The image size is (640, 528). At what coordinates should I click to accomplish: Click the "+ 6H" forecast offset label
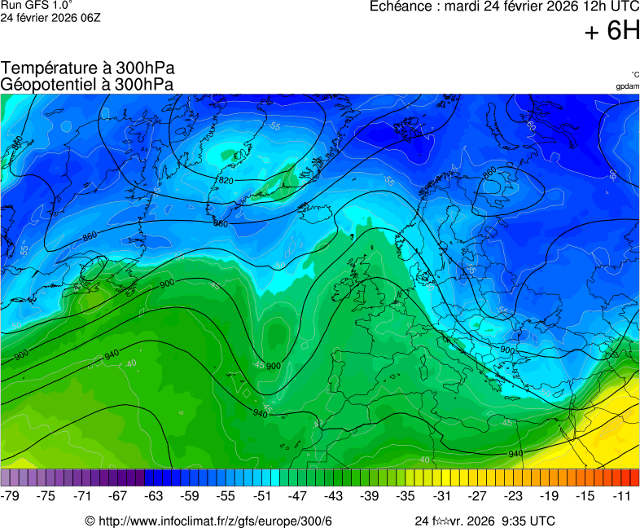612,31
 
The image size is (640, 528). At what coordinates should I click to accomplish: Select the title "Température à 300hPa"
88,68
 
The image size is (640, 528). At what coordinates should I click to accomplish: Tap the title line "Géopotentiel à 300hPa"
86,84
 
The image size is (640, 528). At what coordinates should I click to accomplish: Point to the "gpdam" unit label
627,86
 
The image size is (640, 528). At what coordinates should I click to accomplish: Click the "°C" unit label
634,74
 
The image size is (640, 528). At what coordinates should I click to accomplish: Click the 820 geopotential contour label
226,180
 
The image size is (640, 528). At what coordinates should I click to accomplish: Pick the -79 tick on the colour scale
11,495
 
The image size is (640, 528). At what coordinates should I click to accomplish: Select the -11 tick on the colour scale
623,495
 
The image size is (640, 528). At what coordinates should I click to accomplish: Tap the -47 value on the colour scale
298,495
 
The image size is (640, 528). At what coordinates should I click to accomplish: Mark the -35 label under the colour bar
405,495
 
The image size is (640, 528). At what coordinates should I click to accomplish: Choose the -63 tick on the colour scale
155,495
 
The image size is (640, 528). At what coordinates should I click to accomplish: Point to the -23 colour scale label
514,495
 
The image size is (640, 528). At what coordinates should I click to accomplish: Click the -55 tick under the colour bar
226,495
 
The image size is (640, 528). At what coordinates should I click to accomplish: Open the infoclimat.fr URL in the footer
215,521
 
